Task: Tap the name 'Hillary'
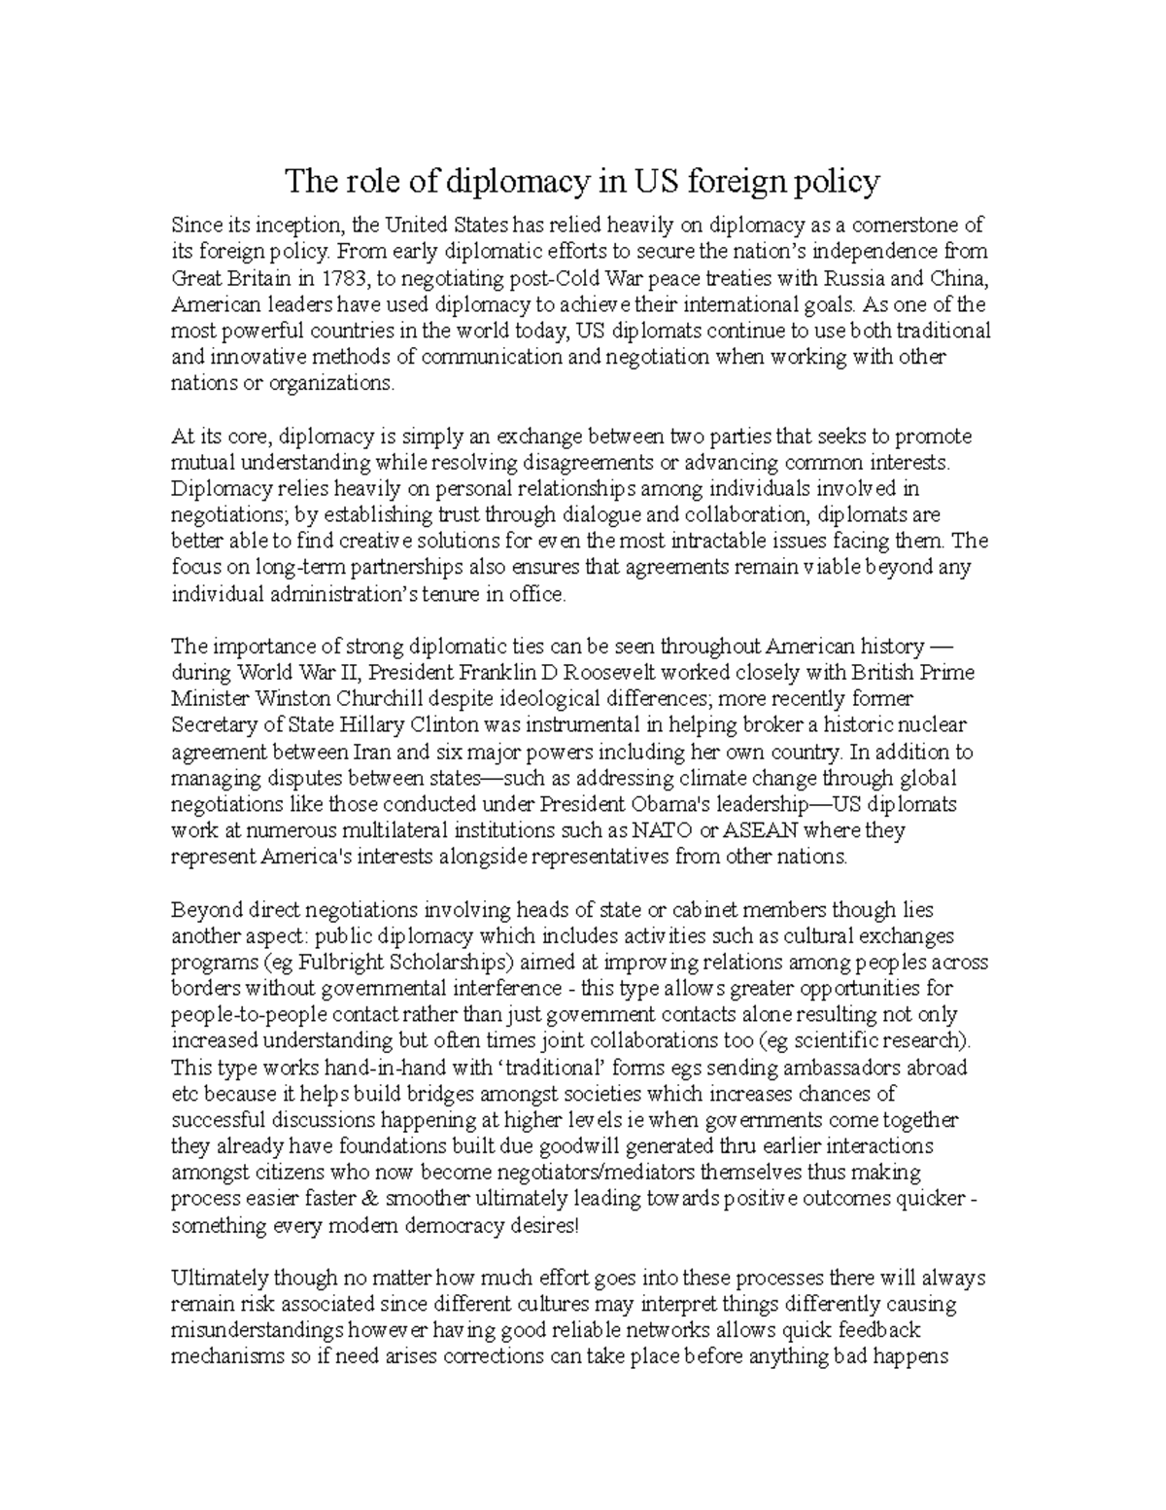point(392,725)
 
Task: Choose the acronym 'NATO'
point(661,830)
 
